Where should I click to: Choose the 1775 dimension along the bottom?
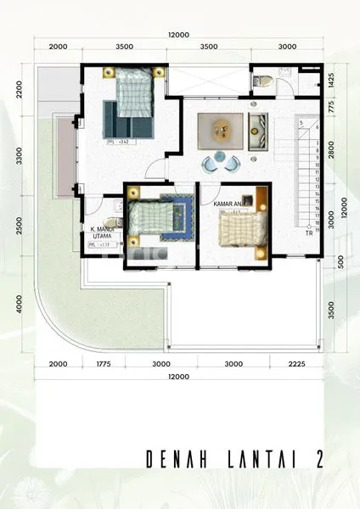click(x=104, y=364)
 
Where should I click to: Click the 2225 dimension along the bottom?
click(x=295, y=364)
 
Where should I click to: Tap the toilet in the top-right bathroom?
click(x=264, y=81)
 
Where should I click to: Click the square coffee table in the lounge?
click(x=220, y=130)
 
